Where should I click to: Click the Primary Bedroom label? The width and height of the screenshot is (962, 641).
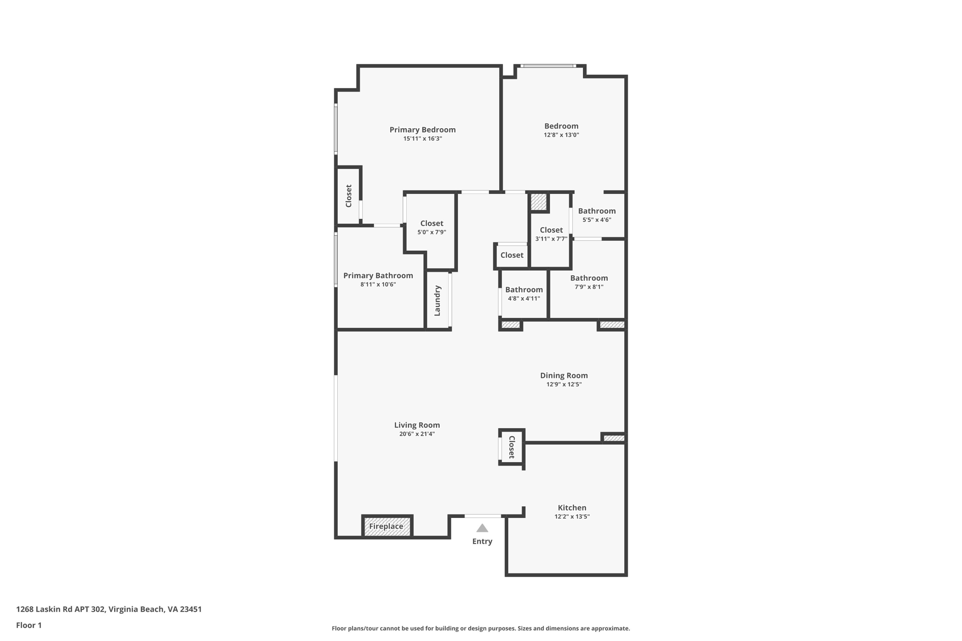pos(422,130)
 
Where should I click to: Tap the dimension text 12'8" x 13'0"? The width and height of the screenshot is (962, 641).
pos(561,135)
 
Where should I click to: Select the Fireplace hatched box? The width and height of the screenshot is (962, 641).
pos(387,526)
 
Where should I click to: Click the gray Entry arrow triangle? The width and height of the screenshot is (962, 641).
pos(482,528)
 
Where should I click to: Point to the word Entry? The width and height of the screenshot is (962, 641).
pos(482,541)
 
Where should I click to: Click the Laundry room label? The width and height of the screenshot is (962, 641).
pos(437,301)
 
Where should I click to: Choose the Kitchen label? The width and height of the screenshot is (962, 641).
pos(572,508)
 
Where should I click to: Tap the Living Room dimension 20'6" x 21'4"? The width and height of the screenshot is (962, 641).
pos(417,434)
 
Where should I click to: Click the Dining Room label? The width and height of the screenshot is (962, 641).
pos(564,375)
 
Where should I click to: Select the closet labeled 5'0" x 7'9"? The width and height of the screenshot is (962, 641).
pos(431,227)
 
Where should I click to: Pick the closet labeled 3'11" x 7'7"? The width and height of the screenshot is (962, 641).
pos(551,234)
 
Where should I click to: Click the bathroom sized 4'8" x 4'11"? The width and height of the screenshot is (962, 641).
pos(524,293)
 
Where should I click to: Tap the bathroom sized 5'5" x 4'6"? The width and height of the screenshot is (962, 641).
pos(597,215)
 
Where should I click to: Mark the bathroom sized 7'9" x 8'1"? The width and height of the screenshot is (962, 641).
pos(589,282)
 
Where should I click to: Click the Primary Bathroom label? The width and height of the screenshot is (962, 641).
pos(378,276)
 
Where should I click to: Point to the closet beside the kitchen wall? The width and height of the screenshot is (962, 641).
pos(512,447)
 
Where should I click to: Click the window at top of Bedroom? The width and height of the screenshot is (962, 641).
pos(548,66)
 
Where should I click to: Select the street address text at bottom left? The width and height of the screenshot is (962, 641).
pos(109,609)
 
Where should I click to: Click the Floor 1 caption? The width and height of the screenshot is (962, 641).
pos(29,625)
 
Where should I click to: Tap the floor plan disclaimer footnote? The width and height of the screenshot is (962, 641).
pos(481,628)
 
